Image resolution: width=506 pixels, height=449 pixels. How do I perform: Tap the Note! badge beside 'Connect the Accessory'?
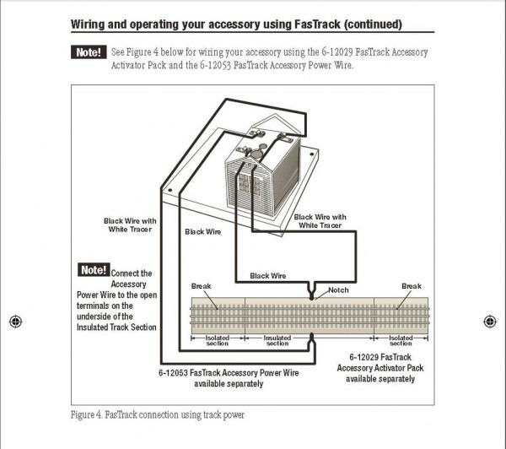[94, 271]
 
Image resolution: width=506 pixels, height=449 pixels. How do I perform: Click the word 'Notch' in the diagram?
[338, 290]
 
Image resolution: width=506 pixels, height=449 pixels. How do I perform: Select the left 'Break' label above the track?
[202, 286]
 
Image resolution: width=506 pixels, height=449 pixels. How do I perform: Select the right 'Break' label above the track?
[411, 286]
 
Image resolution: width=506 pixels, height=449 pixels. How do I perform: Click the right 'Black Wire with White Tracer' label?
[320, 221]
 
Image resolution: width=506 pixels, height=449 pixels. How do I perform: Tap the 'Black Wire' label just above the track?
[268, 276]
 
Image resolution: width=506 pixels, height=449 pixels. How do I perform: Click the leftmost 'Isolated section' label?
[218, 340]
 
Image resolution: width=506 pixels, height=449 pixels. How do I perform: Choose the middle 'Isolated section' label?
[277, 340]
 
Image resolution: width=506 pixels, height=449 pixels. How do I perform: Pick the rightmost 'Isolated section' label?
[401, 340]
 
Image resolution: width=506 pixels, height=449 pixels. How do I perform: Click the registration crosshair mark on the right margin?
[490, 322]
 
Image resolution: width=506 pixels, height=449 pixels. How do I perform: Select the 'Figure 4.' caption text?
[89, 415]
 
